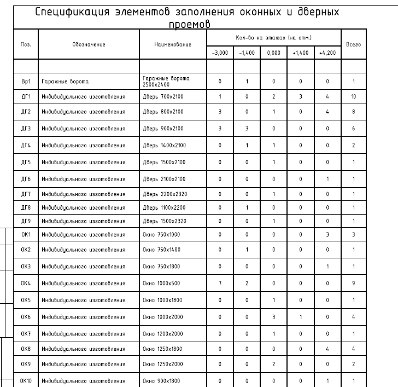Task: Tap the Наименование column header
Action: [x=173, y=43]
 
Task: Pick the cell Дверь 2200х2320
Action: [x=164, y=194]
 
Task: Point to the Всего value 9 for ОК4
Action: [x=354, y=284]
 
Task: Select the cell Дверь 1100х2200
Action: [x=164, y=207]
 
